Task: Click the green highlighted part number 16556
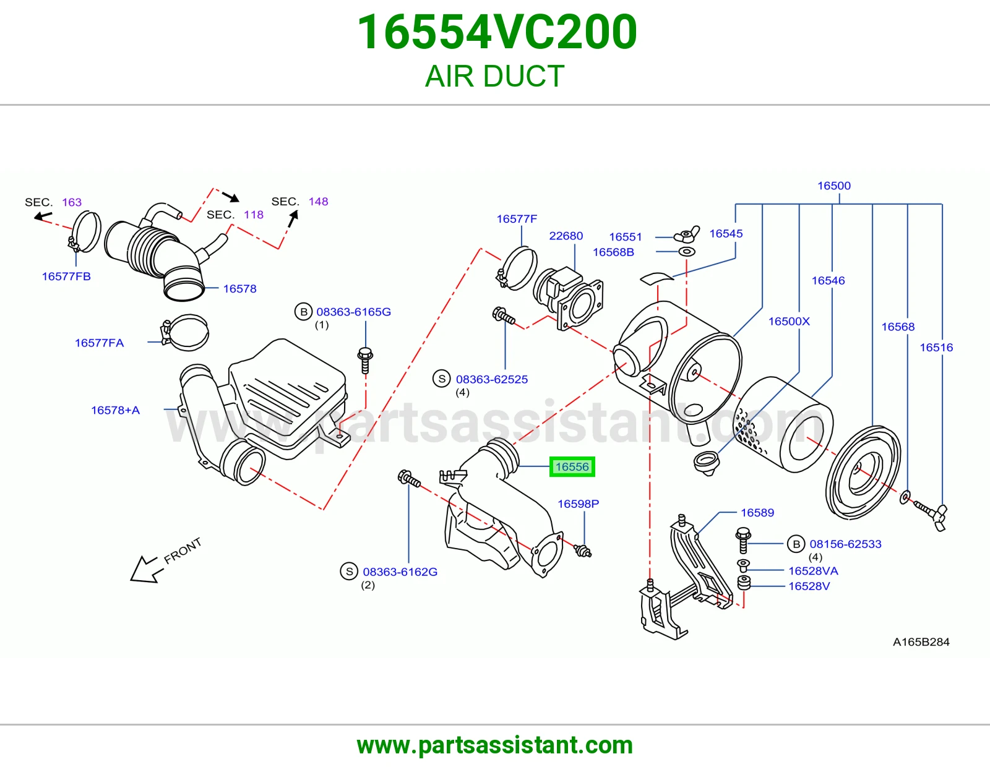[572, 467]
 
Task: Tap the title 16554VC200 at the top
[497, 32]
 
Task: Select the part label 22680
[566, 236]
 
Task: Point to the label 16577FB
[67, 276]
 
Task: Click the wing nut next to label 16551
[687, 234]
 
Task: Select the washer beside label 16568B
[687, 251]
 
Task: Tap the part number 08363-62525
[492, 379]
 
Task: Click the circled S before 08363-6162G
[350, 572]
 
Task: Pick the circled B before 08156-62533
[796, 544]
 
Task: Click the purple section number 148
[319, 201]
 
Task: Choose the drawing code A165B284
[921, 642]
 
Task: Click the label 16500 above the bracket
[834, 186]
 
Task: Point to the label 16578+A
[115, 410]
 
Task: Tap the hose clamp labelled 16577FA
[185, 333]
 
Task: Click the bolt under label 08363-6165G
[365, 360]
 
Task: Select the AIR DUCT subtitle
[495, 76]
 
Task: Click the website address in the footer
[495, 745]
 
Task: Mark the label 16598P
[578, 503]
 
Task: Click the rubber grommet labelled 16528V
[744, 583]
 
